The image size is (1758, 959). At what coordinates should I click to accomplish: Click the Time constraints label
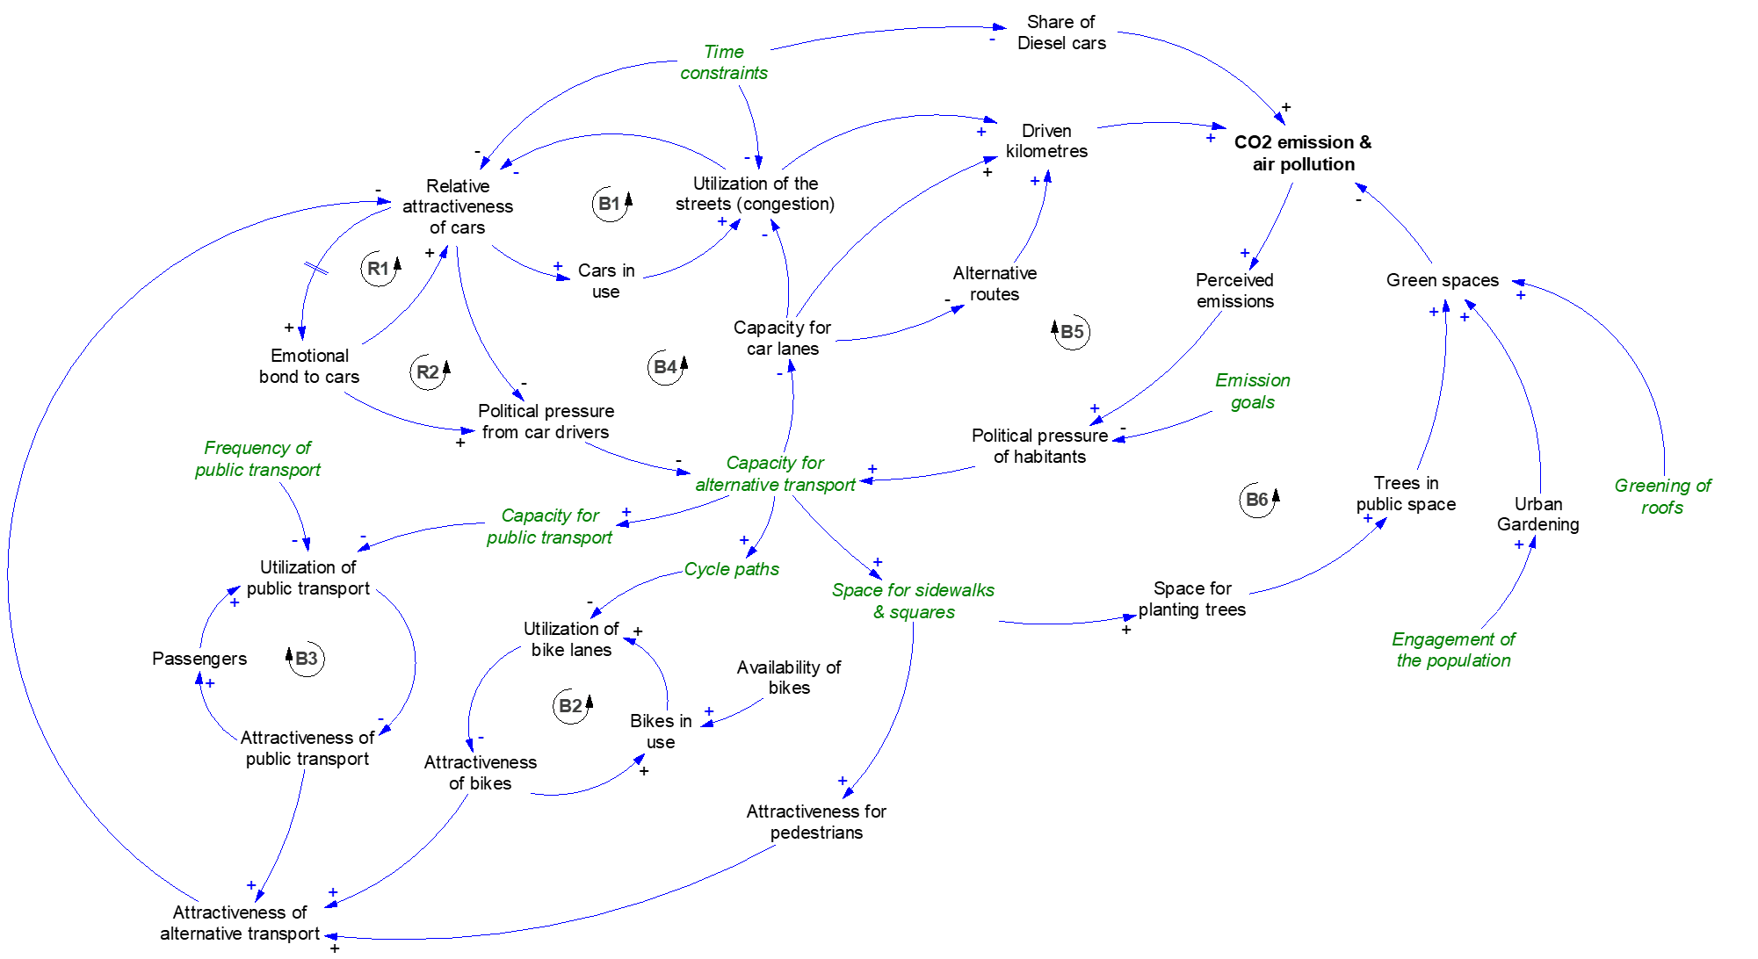[x=724, y=62]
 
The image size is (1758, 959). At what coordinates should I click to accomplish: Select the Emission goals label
[x=1253, y=391]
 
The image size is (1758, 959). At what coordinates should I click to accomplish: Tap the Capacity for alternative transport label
[x=775, y=473]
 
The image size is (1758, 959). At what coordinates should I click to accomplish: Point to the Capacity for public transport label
[x=549, y=526]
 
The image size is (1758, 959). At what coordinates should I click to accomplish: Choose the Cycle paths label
[x=731, y=569]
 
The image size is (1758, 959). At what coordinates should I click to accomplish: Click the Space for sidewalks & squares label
[x=913, y=601]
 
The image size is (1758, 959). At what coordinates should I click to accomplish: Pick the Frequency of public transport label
[x=257, y=458]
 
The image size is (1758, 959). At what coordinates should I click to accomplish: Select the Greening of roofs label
[x=1662, y=496]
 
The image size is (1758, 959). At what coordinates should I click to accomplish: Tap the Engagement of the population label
[x=1453, y=650]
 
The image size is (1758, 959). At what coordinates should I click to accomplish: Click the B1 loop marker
[x=609, y=204]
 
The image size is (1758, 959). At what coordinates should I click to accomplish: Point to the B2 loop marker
[x=570, y=706]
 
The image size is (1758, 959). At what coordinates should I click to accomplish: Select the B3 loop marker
[x=306, y=659]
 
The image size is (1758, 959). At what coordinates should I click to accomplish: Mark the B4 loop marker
[x=665, y=367]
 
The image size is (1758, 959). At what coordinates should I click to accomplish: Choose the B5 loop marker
[x=1072, y=332]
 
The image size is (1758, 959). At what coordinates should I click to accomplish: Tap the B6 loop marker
[x=1256, y=500]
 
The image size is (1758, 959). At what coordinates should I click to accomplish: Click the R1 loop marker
[x=378, y=269]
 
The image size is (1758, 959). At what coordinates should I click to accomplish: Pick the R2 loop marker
[x=427, y=372]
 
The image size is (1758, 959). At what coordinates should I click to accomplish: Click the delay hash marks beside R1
[x=315, y=269]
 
